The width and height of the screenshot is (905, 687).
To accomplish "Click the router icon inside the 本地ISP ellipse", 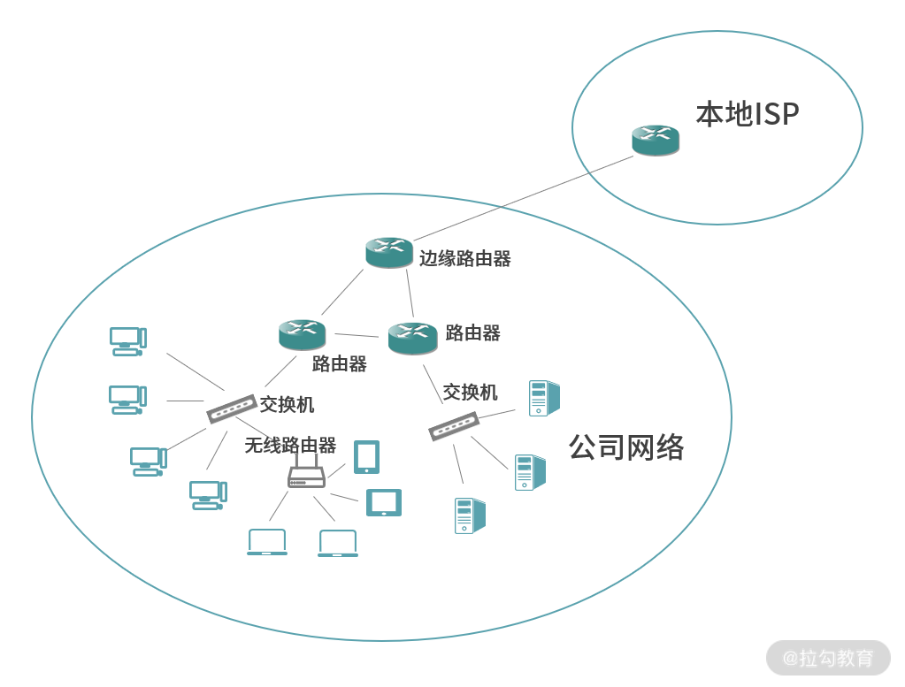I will pyautogui.click(x=656, y=140).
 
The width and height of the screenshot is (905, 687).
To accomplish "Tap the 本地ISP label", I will pyautogui.click(x=748, y=114).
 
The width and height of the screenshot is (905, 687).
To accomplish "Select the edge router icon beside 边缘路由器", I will pyautogui.click(x=389, y=252).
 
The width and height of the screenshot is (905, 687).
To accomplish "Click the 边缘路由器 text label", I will pyautogui.click(x=465, y=258).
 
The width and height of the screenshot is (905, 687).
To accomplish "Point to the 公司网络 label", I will pyautogui.click(x=626, y=447).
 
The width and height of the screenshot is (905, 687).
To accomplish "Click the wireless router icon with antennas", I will pyautogui.click(x=306, y=475).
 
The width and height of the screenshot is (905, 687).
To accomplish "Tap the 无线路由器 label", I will pyautogui.click(x=290, y=446).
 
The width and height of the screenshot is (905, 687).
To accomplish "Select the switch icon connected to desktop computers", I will pyautogui.click(x=231, y=408).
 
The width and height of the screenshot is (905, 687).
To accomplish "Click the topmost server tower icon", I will pyautogui.click(x=543, y=398).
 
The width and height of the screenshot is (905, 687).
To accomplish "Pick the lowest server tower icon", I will pyautogui.click(x=469, y=515).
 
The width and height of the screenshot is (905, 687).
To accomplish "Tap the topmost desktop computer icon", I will pyautogui.click(x=127, y=341).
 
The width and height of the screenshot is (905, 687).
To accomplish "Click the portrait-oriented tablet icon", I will pyautogui.click(x=367, y=457).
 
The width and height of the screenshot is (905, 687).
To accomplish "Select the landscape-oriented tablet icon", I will pyautogui.click(x=384, y=502).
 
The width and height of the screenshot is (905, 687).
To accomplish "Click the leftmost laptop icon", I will pyautogui.click(x=267, y=542).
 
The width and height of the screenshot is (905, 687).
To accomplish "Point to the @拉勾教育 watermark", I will pyautogui.click(x=828, y=658).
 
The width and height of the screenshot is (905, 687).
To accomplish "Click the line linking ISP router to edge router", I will pyautogui.click(x=522, y=199).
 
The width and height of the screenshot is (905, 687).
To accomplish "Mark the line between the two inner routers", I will pyautogui.click(x=357, y=335).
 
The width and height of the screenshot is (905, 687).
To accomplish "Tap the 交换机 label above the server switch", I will pyautogui.click(x=470, y=392).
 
